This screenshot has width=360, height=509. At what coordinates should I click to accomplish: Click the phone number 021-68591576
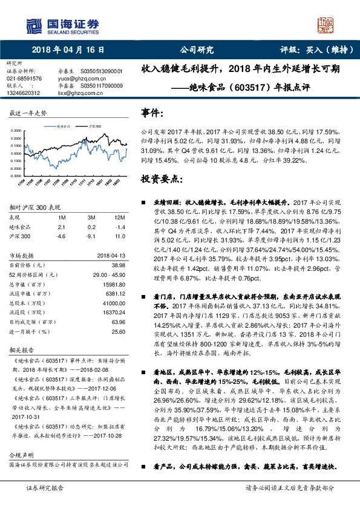[24, 79]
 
